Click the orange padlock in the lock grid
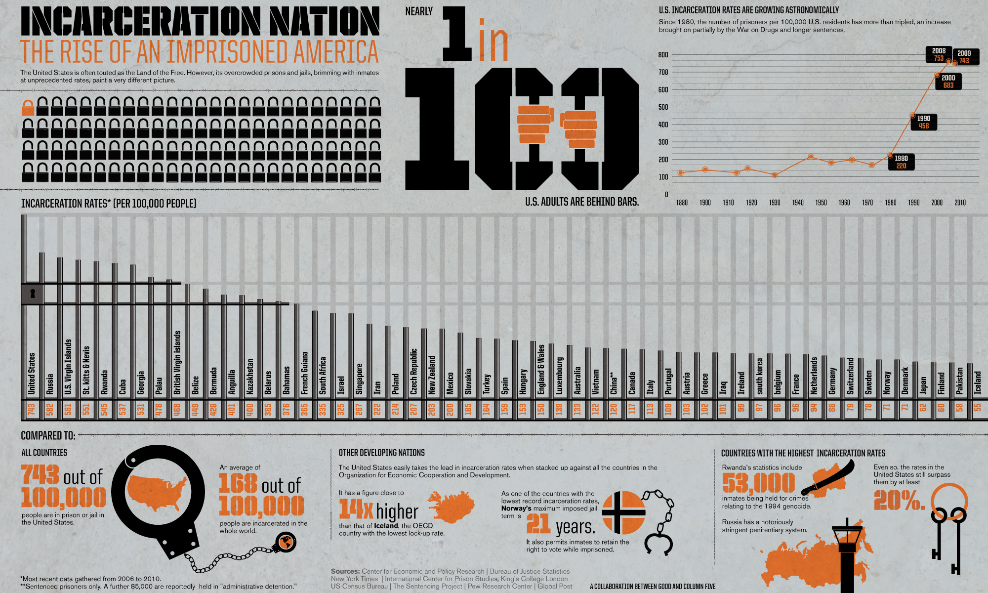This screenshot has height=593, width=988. point(28,108)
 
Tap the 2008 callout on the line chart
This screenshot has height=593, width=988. point(939,54)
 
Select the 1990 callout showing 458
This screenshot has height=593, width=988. point(923,122)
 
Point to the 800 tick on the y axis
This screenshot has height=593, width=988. point(663,55)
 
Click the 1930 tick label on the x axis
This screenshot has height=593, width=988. point(775,203)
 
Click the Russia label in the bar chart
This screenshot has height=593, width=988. point(50,383)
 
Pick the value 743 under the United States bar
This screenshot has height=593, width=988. point(32,409)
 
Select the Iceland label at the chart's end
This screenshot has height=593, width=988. point(978,382)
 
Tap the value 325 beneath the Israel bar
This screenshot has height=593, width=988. point(341,409)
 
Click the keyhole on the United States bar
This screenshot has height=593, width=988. point(33,294)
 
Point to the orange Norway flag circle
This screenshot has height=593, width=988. point(624,512)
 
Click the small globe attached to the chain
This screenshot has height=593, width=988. point(286,543)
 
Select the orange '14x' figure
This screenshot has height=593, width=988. point(356,510)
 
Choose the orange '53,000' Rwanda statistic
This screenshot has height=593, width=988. point(759,483)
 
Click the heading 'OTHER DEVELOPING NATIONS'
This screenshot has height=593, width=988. point(381,453)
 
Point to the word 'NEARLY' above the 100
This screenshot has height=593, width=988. point(419,11)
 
